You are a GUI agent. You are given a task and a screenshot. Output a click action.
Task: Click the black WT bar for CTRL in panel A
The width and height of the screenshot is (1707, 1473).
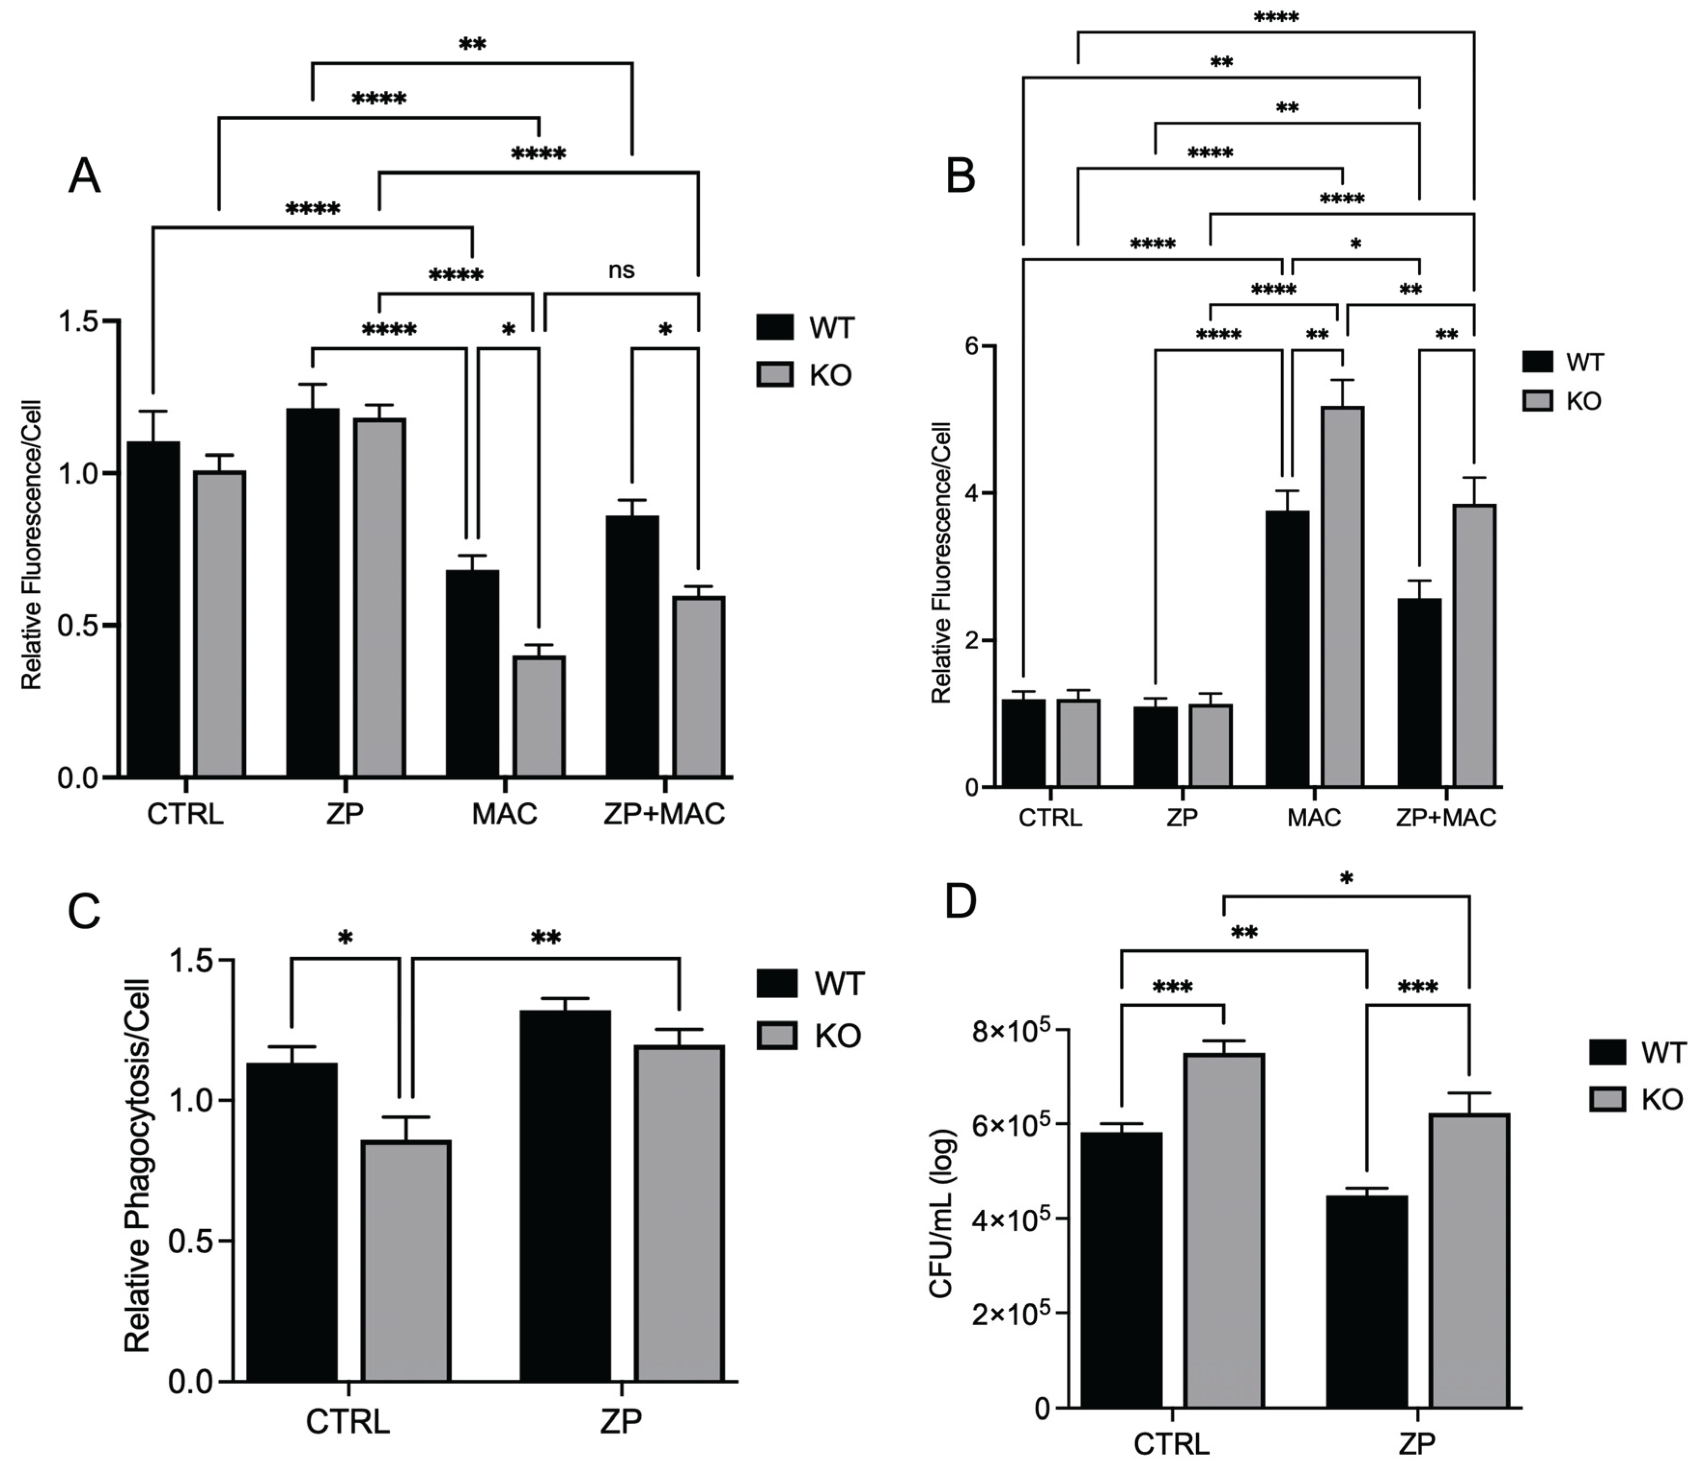tap(153, 609)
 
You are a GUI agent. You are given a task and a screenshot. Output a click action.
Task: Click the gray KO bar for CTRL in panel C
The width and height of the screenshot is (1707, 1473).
tap(407, 1261)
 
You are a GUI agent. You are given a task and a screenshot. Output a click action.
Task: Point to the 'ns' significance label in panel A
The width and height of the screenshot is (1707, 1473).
tap(621, 270)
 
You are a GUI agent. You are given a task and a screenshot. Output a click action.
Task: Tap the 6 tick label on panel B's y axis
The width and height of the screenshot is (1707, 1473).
tap(972, 347)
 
